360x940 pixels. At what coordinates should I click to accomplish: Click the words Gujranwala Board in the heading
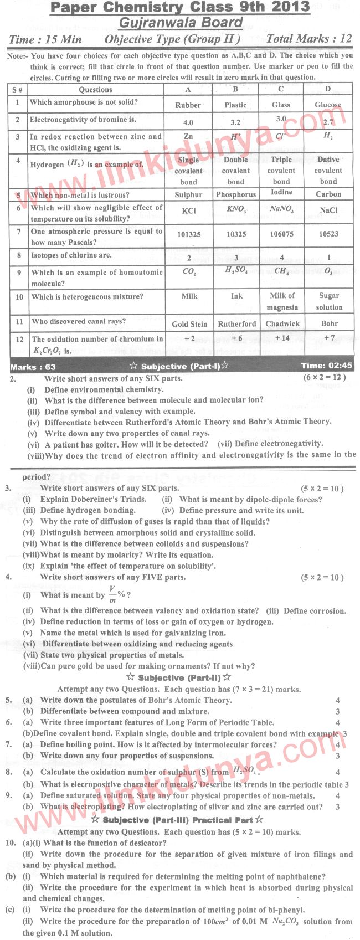click(181, 23)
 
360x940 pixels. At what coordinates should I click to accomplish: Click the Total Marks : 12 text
click(308, 39)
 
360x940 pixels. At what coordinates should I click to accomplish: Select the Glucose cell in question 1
click(328, 105)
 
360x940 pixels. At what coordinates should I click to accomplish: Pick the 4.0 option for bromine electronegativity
click(188, 122)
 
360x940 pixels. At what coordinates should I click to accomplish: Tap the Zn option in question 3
click(188, 136)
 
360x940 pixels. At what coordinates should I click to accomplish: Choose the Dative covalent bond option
click(328, 171)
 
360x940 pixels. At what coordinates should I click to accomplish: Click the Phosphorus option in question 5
click(236, 195)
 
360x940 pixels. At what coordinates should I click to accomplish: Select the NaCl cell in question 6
click(328, 210)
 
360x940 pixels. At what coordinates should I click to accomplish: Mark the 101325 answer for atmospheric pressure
click(189, 234)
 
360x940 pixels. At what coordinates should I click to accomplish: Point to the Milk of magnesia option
click(282, 302)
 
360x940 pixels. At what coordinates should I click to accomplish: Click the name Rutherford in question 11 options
click(236, 324)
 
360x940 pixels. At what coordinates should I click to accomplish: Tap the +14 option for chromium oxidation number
click(281, 338)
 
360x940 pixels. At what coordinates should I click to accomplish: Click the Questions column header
click(95, 90)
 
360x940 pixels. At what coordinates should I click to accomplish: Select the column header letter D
click(328, 89)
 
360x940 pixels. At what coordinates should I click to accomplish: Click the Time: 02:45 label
click(326, 366)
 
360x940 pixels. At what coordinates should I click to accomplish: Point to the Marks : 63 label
click(33, 367)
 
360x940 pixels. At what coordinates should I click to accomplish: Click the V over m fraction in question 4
click(112, 594)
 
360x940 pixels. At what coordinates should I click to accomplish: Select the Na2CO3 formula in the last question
click(285, 922)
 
